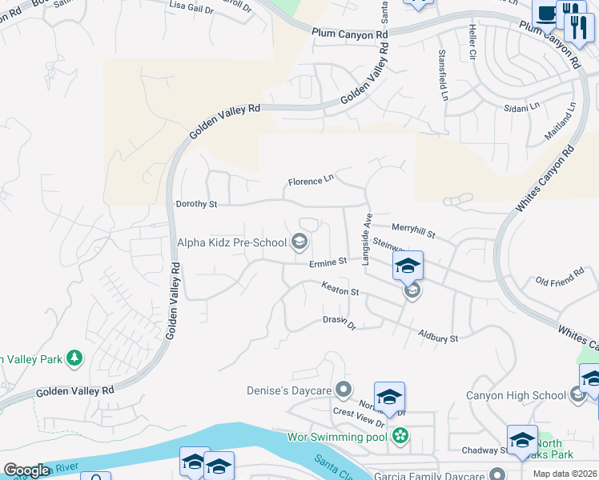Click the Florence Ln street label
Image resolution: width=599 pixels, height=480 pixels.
(310, 181)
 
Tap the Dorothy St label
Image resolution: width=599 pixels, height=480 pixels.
(196, 205)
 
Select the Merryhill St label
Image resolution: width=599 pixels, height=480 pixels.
(412, 231)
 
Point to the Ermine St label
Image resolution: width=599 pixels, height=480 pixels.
(328, 262)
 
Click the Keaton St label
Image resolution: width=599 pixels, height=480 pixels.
(340, 289)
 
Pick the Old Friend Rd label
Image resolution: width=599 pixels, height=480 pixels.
(559, 282)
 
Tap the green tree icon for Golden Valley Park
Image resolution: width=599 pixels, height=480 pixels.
(74, 358)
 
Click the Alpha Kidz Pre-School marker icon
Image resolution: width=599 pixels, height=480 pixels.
(299, 241)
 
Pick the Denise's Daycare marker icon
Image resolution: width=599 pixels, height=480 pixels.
(344, 390)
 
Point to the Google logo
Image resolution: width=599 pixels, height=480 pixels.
(26, 470)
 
